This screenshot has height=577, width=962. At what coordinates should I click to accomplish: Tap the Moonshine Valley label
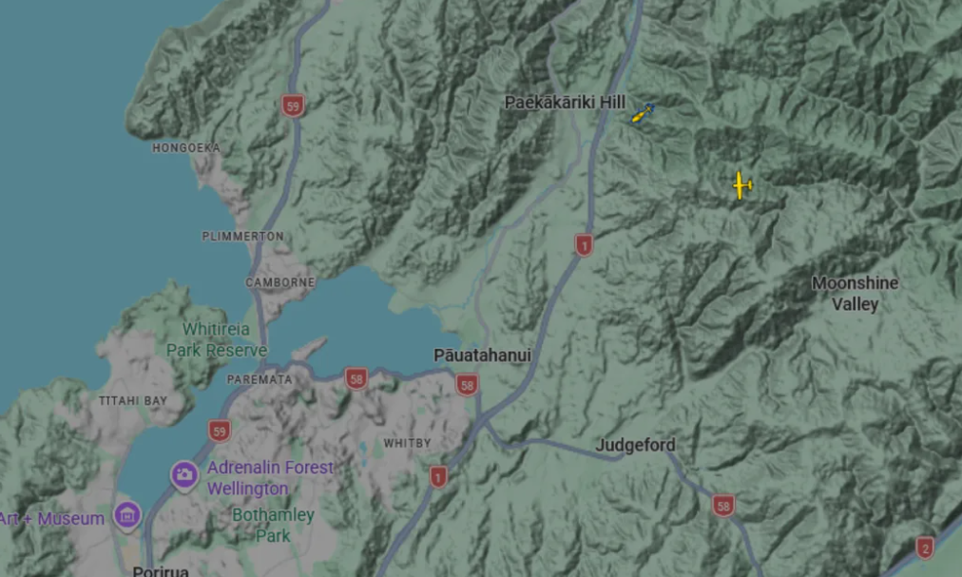[855, 294]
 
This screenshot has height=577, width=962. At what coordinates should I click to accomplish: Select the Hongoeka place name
[186, 148]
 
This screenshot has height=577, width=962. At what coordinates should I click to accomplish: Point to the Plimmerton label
[242, 236]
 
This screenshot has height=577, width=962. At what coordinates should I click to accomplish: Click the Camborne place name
[280, 282]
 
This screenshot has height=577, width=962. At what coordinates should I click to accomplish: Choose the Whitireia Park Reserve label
[216, 339]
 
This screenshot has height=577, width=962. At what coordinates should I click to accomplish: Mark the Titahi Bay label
[133, 401]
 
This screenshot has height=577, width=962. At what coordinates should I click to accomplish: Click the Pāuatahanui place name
[482, 355]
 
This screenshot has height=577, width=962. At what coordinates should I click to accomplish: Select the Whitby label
[407, 443]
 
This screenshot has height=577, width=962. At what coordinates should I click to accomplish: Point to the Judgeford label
[635, 445]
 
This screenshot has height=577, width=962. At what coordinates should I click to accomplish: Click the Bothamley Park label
[273, 524]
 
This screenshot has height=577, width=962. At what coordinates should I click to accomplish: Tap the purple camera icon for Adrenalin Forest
[184, 473]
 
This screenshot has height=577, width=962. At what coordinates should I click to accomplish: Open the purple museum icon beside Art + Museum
[126, 516]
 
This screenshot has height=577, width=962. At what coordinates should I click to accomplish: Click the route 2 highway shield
[924, 548]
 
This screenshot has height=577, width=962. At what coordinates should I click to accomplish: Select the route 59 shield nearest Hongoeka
[293, 106]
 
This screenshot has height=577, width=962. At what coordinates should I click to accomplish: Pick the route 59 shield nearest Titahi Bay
[220, 432]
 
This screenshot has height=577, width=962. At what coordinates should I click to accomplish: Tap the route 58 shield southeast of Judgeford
[724, 506]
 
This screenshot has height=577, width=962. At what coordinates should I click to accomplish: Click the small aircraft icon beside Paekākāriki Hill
[644, 114]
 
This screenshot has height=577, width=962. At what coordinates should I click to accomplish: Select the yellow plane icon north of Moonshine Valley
[741, 185]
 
